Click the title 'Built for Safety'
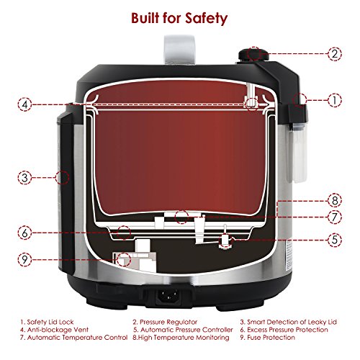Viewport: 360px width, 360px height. click(179, 18)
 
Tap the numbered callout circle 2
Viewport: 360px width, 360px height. click(335, 53)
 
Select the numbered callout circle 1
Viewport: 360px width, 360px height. click(335, 100)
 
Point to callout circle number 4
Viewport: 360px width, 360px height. click(24, 104)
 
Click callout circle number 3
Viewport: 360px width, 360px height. click(24, 178)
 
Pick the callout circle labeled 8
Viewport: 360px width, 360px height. click(335, 200)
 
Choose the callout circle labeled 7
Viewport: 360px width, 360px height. click(335, 217)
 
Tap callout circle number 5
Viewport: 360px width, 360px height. click(335, 240)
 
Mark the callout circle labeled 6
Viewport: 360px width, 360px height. click(24, 233)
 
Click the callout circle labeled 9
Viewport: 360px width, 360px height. click(24, 260)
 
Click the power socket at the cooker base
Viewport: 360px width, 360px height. click(167, 296)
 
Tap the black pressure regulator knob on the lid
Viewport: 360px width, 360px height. click(253, 55)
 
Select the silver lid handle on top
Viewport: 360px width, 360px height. click(179, 50)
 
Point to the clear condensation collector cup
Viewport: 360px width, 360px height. click(297, 154)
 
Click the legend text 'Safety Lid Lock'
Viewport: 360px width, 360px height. click(50, 322)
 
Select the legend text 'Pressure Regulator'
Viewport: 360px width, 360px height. click(168, 322)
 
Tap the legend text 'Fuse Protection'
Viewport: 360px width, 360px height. click(271, 338)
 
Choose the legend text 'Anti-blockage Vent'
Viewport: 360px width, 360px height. click(58, 330)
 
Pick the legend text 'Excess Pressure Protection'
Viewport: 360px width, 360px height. click(287, 330)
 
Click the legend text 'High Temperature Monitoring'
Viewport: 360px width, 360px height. click(184, 338)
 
